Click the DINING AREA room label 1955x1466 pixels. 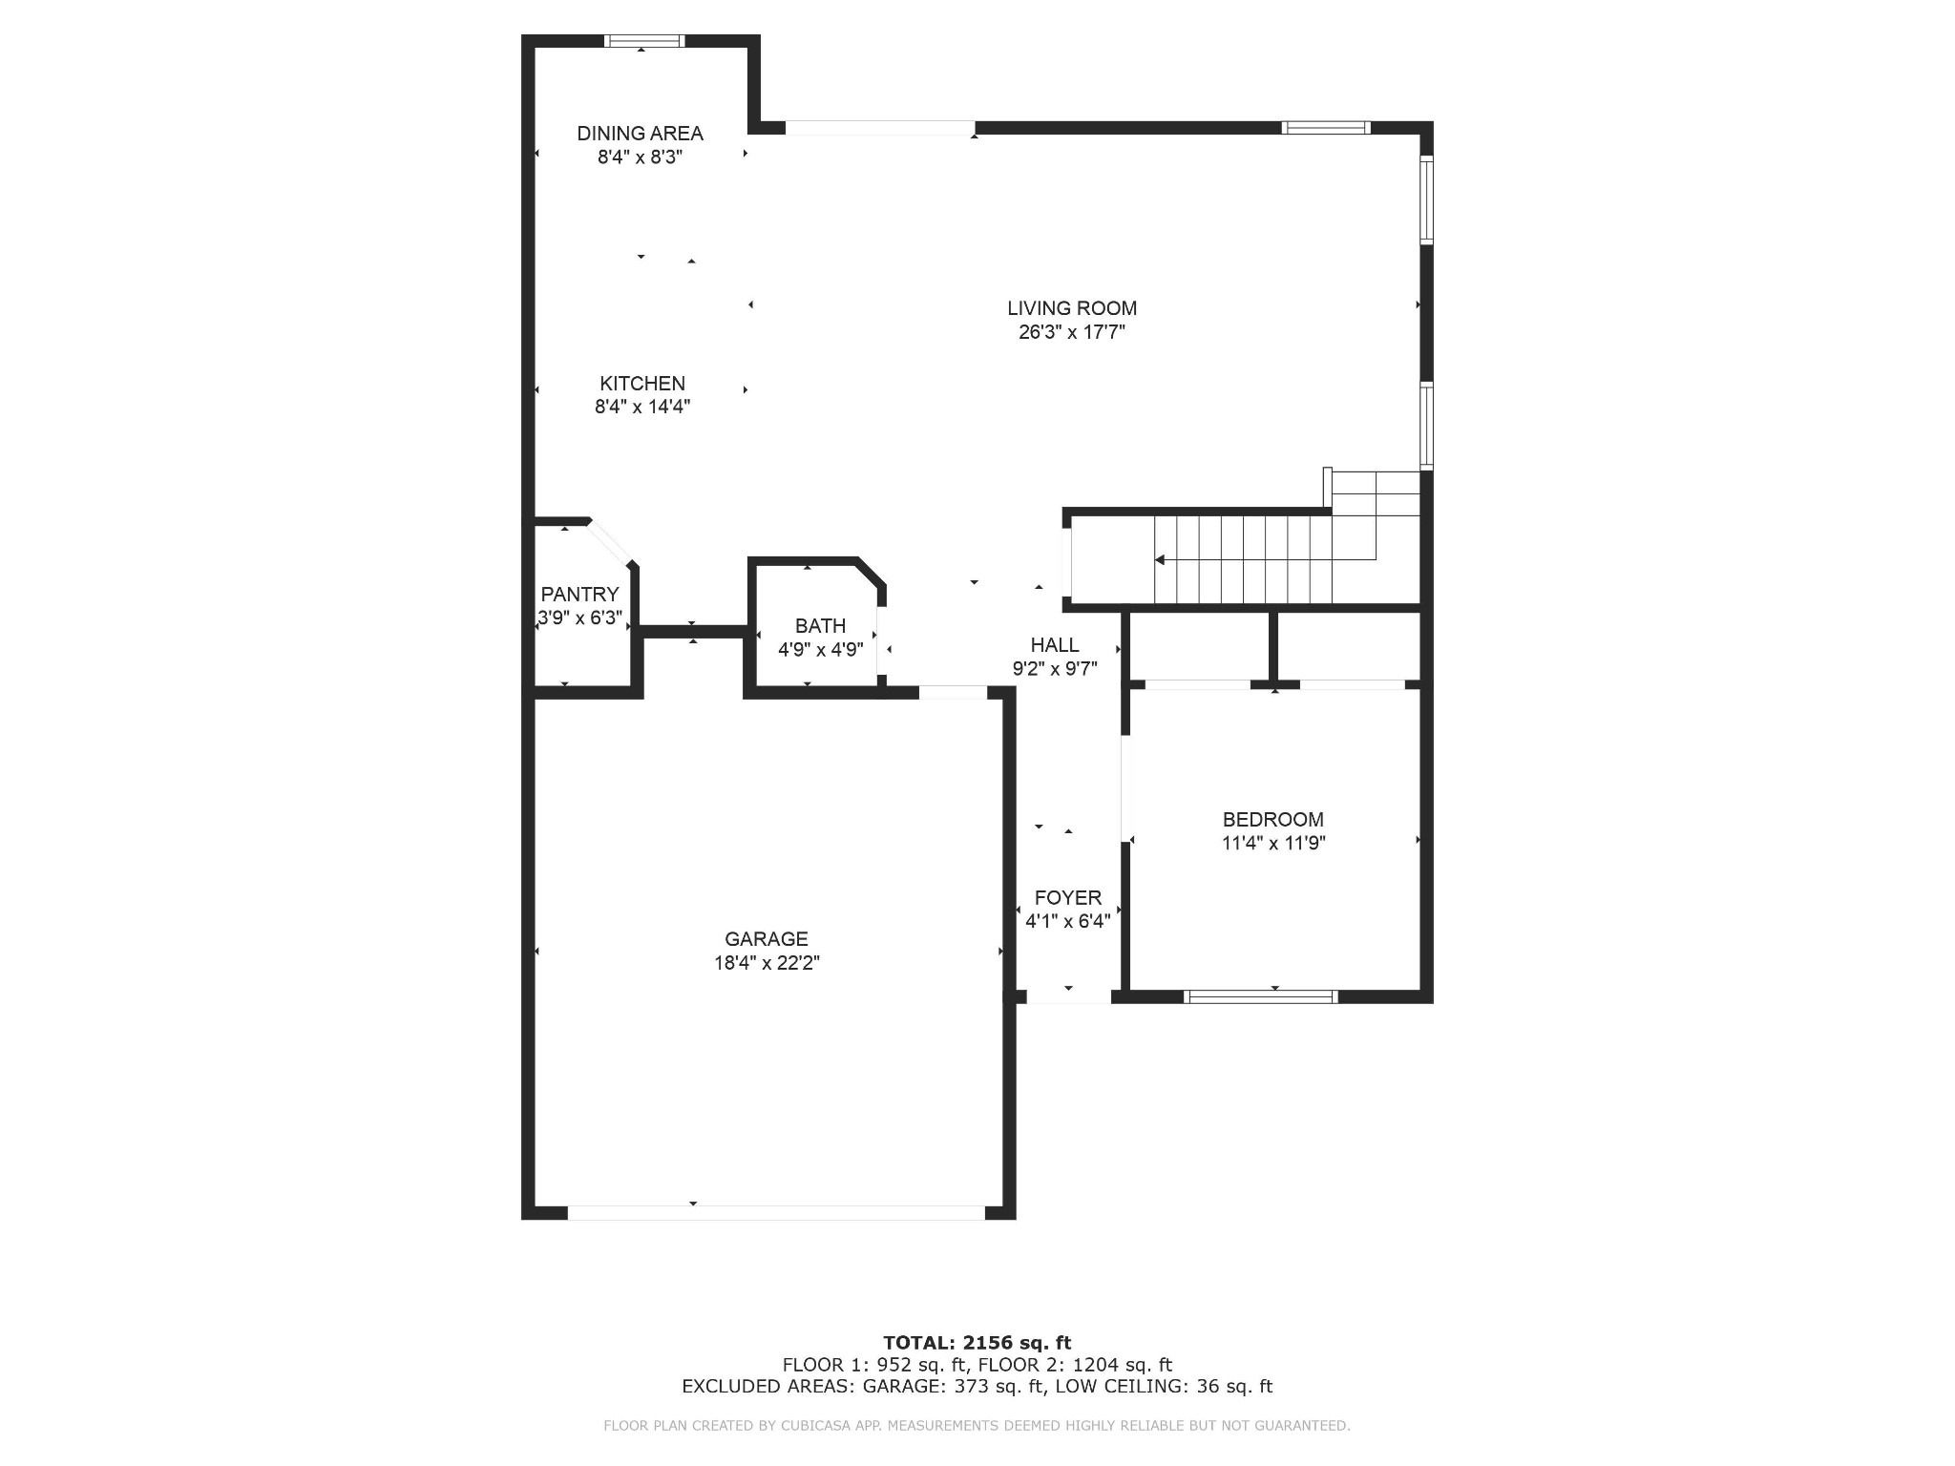click(640, 134)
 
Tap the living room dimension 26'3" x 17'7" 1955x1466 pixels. click(1071, 332)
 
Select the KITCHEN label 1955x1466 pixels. click(641, 383)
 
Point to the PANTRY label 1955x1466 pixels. click(579, 594)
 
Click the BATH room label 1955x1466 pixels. click(820, 625)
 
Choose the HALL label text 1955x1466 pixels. click(1054, 644)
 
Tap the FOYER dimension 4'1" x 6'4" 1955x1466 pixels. click(1067, 921)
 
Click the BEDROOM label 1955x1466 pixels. click(1272, 819)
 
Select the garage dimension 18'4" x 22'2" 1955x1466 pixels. click(767, 962)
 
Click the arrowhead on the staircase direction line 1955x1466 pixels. click(1160, 560)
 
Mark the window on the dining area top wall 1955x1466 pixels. click(645, 41)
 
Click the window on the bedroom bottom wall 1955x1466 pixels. click(1260, 996)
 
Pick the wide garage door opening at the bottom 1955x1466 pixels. click(775, 1212)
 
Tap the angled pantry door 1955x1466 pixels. click(611, 542)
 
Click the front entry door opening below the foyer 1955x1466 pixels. click(1068, 996)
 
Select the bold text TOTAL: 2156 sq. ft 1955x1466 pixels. click(977, 1343)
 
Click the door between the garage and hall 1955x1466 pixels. click(952, 692)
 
